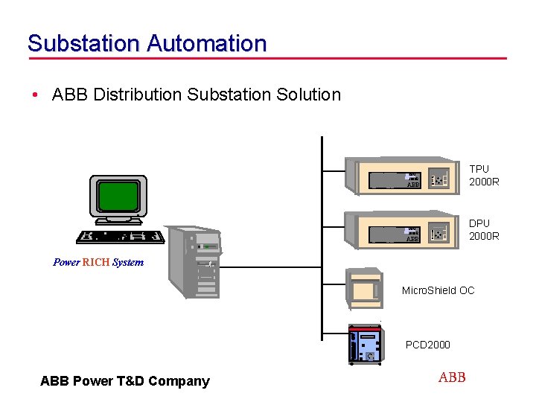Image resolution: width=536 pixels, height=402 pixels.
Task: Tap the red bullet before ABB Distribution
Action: click(35, 95)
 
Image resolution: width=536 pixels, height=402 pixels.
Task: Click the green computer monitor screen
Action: click(118, 197)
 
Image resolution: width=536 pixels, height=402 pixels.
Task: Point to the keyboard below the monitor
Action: click(120, 236)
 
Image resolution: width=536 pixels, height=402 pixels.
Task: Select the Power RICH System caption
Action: click(98, 262)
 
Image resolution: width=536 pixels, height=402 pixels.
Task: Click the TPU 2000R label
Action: click(484, 175)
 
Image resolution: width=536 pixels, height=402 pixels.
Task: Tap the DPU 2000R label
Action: click(484, 229)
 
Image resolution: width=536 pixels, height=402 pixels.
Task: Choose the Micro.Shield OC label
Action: click(438, 290)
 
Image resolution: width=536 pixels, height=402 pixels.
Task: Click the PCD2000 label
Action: click(427, 345)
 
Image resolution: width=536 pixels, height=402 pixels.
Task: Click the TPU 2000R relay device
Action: click(401, 176)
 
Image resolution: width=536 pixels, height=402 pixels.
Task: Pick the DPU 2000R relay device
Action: click(401, 229)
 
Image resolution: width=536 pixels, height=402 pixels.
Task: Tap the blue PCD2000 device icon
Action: click(366, 345)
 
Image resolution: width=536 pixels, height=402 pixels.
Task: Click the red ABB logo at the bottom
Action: click(452, 377)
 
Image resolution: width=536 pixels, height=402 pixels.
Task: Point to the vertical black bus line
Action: click(322, 246)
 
